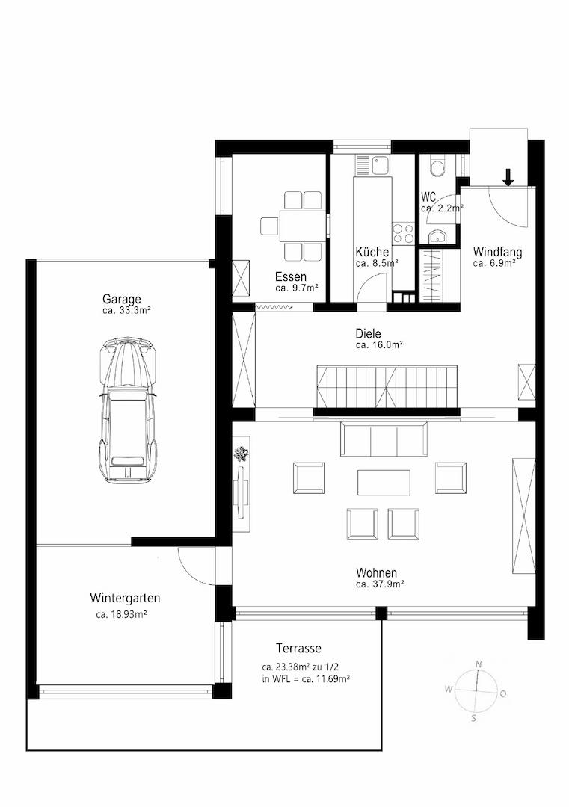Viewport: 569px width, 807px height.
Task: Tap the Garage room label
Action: click(122, 299)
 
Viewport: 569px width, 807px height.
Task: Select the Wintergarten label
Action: click(125, 598)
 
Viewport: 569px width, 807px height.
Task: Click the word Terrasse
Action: click(298, 648)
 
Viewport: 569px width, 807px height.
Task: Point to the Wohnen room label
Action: click(376, 573)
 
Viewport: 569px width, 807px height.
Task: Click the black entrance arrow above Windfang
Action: click(508, 177)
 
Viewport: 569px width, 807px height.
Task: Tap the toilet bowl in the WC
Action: click(437, 169)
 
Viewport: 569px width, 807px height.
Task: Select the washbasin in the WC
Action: click(438, 238)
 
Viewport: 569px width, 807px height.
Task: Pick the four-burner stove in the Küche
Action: click(403, 233)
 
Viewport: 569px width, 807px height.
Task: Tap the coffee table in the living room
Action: click(384, 482)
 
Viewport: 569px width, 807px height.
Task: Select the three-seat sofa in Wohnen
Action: click(384, 439)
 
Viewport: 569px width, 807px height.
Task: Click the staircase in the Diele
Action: click(387, 386)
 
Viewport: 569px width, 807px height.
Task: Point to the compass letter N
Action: click(479, 664)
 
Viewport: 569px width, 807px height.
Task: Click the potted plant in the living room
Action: click(241, 454)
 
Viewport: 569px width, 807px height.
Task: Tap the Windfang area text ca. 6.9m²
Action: click(494, 263)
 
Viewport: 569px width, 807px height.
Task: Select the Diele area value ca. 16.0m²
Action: click(379, 344)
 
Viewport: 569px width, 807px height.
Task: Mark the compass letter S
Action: click(474, 719)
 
